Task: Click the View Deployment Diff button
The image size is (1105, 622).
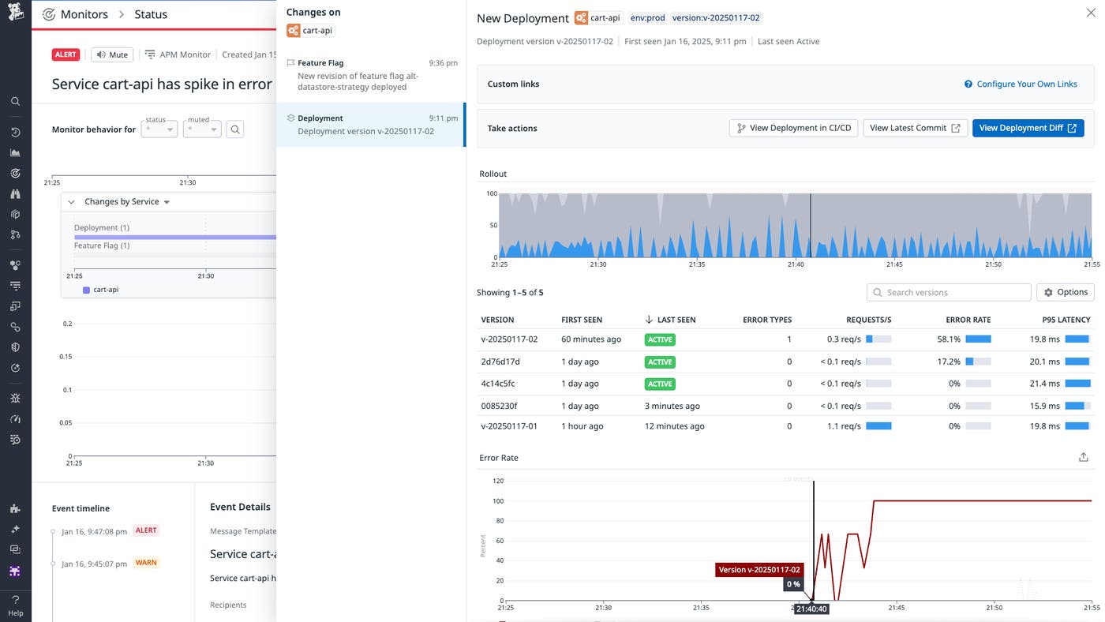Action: click(1028, 128)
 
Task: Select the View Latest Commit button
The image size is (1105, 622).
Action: click(915, 128)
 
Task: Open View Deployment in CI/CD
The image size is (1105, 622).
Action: click(793, 128)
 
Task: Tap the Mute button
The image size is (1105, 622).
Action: click(111, 54)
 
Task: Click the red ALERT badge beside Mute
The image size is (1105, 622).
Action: click(66, 54)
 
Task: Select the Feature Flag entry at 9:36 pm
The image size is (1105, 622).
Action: click(370, 75)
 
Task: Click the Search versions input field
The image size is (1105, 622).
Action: click(949, 292)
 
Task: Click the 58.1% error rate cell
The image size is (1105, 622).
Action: click(949, 339)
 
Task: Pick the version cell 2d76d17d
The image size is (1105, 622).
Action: click(500, 362)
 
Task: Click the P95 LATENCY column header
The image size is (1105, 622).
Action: click(1066, 320)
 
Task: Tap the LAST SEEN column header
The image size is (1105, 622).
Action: click(676, 320)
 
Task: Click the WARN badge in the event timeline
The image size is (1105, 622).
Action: click(146, 563)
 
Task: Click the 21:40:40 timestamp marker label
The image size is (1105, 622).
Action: click(811, 609)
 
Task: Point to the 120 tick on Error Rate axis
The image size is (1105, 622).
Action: click(497, 481)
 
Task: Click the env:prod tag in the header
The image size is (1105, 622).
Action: click(647, 17)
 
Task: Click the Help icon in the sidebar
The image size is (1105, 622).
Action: click(15, 604)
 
